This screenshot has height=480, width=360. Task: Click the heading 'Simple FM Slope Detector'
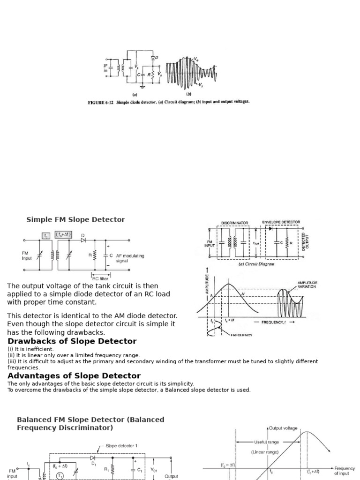(75, 219)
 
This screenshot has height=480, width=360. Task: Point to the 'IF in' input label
(105, 68)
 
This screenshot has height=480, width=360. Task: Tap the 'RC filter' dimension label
(100, 278)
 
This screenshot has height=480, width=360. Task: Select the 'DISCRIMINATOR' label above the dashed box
(234, 223)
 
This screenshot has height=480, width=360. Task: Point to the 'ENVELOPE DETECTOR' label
(281, 222)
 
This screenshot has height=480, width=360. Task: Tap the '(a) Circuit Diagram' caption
(256, 264)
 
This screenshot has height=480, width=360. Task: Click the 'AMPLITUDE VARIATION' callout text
(307, 285)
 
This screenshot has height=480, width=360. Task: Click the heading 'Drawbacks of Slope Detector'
(72, 341)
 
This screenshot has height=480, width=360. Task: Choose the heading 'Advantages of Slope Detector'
(74, 376)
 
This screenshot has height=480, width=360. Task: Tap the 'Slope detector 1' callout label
(121, 446)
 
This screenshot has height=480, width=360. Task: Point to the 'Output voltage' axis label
(283, 428)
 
